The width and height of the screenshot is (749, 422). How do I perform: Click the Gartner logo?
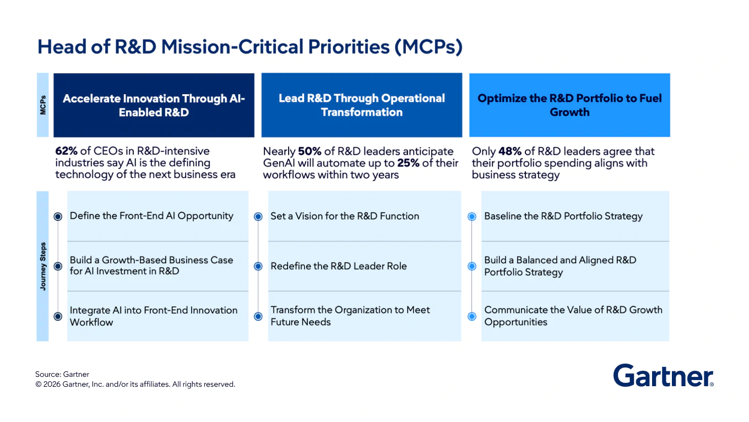(663, 376)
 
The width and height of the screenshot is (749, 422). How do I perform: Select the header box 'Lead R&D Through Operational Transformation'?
(361, 105)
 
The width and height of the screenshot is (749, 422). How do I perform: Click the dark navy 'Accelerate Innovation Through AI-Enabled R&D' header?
(154, 105)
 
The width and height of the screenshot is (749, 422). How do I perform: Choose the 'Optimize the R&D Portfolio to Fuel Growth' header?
(569, 105)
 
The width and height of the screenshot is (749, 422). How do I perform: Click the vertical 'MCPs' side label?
(43, 105)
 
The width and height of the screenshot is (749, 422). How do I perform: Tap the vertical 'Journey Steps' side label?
(43, 266)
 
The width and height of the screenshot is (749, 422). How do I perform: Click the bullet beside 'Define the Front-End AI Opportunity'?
(58, 217)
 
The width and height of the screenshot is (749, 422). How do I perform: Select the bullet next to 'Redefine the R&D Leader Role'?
(258, 266)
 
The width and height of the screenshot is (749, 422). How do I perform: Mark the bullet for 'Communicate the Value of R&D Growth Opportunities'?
(471, 316)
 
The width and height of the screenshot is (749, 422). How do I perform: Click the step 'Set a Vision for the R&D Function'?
(345, 216)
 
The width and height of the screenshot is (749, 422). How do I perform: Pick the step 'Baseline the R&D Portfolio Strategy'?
(563, 216)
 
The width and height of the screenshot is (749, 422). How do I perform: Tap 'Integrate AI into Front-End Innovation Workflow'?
(153, 316)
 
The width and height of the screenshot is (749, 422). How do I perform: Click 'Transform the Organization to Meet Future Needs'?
(350, 316)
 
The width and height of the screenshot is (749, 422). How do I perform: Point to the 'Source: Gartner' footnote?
(62, 374)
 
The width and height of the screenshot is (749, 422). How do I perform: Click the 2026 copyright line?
(135, 384)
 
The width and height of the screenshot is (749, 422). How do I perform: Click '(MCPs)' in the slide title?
(428, 47)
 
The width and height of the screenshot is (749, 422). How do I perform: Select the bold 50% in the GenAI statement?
(309, 151)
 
